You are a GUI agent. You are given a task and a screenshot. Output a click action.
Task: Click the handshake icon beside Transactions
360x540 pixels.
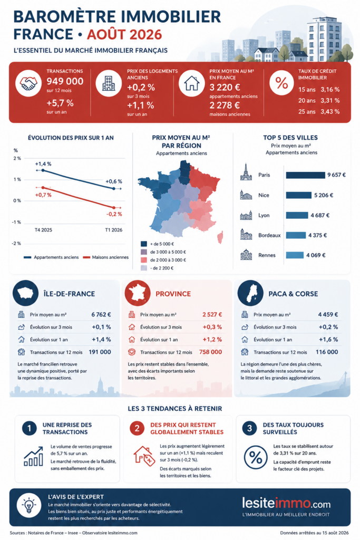28,83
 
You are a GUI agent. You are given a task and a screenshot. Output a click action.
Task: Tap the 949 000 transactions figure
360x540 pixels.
65,81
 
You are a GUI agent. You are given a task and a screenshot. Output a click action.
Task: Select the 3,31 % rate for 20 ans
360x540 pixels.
330,101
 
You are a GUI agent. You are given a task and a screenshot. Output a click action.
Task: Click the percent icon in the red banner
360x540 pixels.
281,83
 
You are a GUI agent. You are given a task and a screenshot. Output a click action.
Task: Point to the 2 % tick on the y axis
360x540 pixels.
17,158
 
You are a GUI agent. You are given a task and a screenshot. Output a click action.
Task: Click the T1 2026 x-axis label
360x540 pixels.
113,230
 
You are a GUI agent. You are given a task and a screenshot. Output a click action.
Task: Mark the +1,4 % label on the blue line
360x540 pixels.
43,164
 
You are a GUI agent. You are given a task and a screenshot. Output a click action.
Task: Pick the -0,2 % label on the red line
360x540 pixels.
114,214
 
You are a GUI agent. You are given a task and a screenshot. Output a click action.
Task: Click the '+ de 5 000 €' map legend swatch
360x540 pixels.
144,244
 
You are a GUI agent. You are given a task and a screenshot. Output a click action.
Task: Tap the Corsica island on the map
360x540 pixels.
220,237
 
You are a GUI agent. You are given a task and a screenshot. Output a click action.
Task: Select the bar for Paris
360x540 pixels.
305,175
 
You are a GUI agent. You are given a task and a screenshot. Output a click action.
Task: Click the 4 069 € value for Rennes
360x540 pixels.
316,255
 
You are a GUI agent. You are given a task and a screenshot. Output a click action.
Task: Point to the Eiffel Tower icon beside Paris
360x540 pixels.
246,172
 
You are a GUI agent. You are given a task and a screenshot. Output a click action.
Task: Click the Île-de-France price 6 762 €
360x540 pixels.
101,314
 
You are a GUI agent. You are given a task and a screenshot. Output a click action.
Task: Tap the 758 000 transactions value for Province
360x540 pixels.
211,352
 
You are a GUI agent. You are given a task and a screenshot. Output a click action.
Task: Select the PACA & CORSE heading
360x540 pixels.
293,294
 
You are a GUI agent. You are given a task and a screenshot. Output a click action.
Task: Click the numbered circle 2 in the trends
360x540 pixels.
137,428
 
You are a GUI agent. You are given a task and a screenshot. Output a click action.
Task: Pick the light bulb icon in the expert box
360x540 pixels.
29,505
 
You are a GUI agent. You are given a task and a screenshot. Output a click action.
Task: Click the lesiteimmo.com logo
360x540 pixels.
286,503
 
